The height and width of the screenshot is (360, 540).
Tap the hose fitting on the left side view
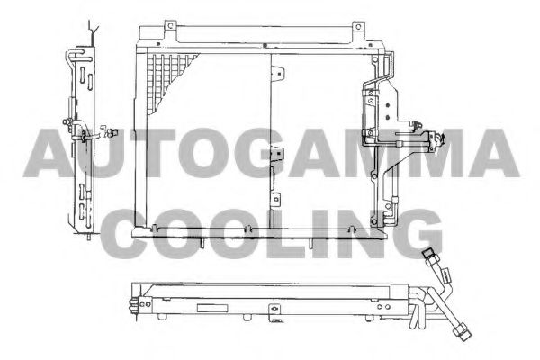[87, 137]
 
